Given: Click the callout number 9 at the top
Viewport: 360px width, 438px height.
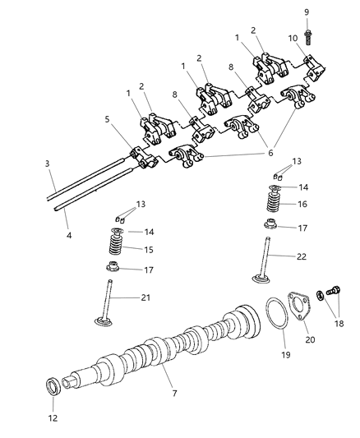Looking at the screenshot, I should pos(306,12).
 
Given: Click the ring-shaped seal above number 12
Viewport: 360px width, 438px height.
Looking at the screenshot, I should pos(51,385).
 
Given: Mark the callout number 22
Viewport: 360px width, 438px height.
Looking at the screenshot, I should pos(302,257).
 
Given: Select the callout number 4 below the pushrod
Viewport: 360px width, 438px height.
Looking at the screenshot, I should pos(68,236).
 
